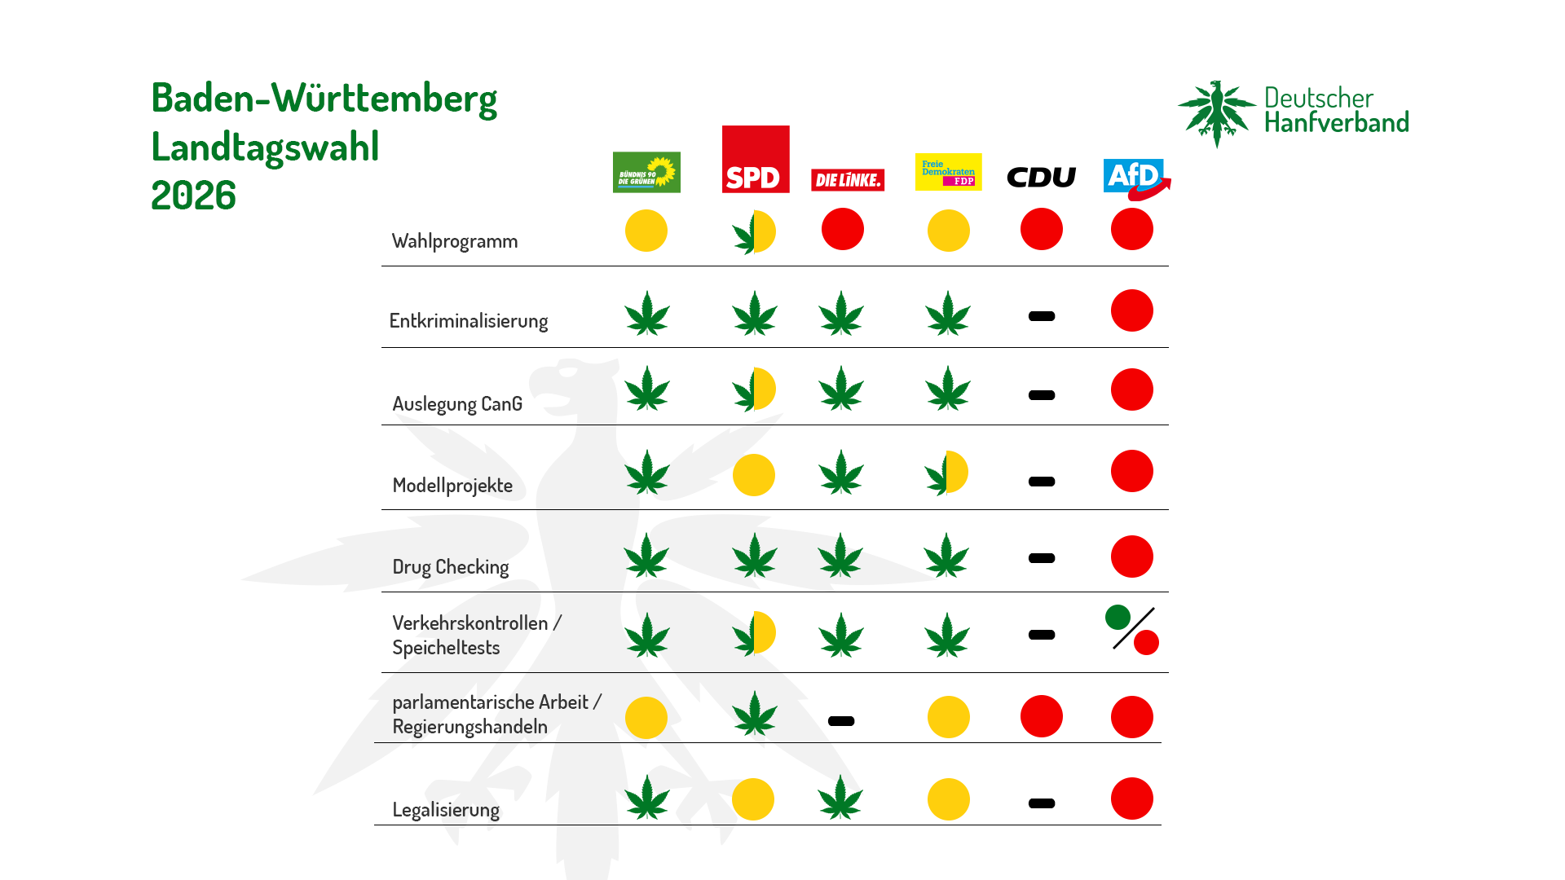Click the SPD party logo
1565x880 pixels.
click(756, 159)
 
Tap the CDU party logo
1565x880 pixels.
click(1041, 177)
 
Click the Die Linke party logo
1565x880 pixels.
click(848, 180)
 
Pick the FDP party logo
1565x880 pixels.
click(948, 172)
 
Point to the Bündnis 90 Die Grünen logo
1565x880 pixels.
click(646, 172)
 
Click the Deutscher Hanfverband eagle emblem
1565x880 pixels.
click(1217, 113)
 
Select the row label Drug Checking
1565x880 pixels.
click(450, 567)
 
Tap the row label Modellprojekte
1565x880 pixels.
click(452, 486)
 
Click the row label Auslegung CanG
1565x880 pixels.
click(457, 404)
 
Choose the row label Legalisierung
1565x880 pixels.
click(446, 810)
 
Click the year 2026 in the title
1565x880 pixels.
click(194, 196)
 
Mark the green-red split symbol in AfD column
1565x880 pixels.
click(1132, 629)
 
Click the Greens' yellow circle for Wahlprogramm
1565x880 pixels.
click(646, 231)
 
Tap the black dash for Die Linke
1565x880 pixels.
click(841, 721)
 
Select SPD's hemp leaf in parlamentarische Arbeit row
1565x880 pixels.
click(755, 714)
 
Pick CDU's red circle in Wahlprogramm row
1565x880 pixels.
click(1042, 229)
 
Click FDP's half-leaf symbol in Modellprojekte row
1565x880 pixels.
click(947, 473)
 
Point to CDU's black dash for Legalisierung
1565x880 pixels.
click(1042, 803)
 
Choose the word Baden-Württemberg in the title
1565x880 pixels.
click(324, 99)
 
